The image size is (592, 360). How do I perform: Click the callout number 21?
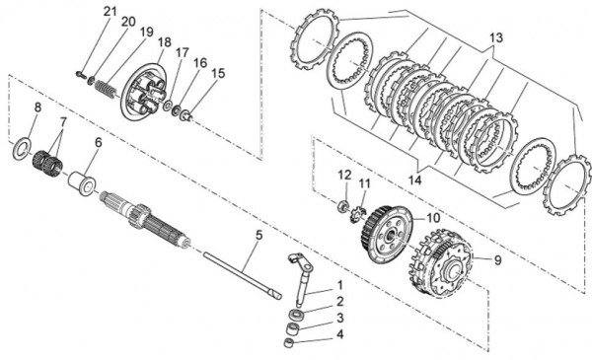(110, 11)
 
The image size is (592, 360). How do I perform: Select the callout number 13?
(495, 37)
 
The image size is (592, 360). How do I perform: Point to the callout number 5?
(259, 236)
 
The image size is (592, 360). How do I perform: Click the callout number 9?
(496, 260)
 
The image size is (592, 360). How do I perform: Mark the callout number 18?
(164, 42)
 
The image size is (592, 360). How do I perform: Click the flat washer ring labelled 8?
(21, 149)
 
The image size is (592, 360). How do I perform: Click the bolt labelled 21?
(81, 72)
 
